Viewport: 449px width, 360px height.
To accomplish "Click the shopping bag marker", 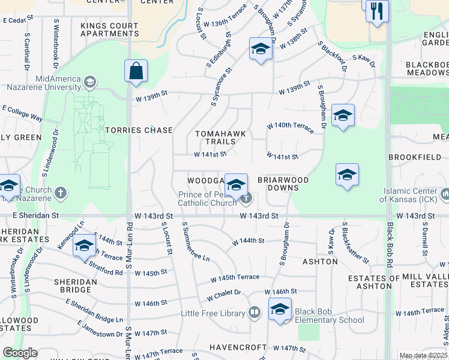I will coord(136,71).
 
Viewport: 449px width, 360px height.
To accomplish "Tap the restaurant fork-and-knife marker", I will coord(377,13).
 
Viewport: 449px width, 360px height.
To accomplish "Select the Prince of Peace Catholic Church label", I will coord(208,199).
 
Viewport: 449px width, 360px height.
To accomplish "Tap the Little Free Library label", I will coord(213,313).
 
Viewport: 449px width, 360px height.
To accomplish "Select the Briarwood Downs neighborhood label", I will coord(283,184).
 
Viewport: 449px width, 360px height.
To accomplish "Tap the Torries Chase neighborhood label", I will coord(139,130).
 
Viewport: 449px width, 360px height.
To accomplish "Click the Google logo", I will coord(20,353).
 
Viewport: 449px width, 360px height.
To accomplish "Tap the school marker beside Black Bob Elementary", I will coord(280,310).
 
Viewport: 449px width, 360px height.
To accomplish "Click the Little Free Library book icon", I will coord(255,313).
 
